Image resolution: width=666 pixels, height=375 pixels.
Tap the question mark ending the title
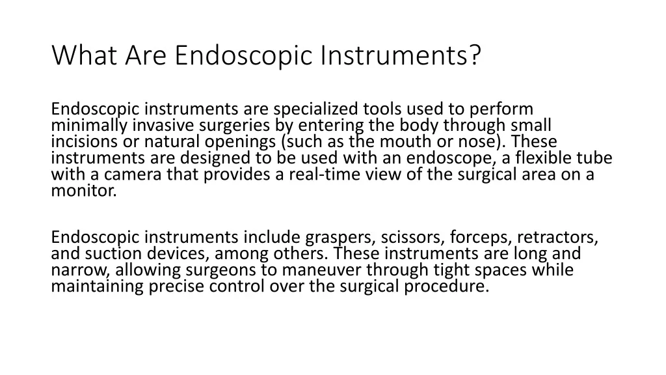[x=475, y=55]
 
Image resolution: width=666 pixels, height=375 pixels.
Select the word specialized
[x=315, y=109]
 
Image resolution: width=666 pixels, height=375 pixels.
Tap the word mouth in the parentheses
[x=405, y=141]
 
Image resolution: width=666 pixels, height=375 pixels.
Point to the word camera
[x=132, y=174]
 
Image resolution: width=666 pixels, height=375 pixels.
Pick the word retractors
[x=557, y=237]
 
